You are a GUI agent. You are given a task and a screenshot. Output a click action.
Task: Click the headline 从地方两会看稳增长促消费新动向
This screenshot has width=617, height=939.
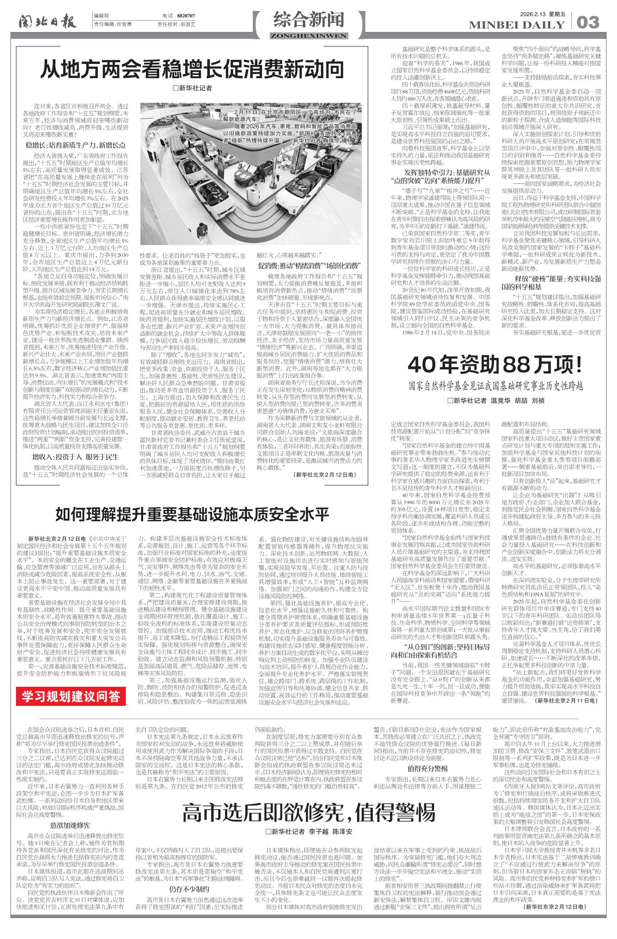tap(192, 69)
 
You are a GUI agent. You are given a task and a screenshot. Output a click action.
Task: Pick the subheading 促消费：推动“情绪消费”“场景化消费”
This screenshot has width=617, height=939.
tap(310, 266)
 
